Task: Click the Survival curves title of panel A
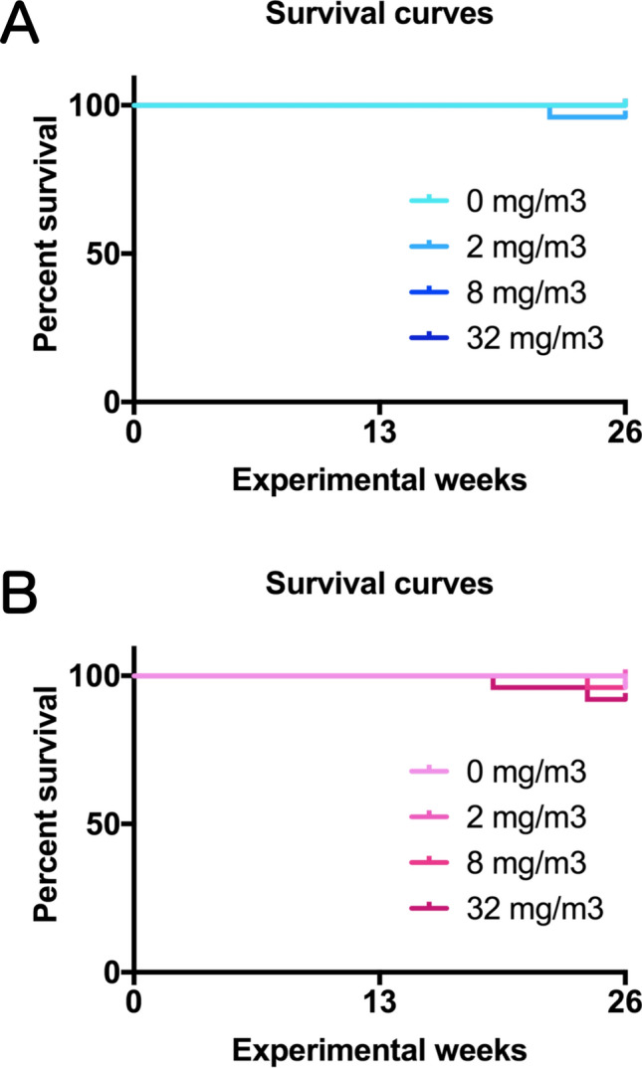[x=378, y=17]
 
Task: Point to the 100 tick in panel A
[x=99, y=105]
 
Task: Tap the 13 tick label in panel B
[x=379, y=1002]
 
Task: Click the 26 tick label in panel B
[x=624, y=1002]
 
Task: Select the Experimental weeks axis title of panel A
[x=378, y=481]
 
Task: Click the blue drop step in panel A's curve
[x=549, y=111]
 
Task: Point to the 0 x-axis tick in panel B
[x=134, y=1002]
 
